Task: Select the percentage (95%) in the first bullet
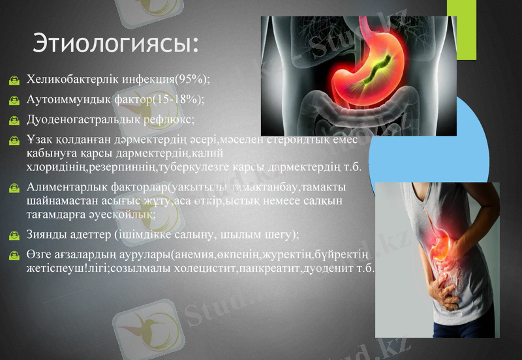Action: [x=192, y=80]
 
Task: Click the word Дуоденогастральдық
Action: [x=80, y=120]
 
